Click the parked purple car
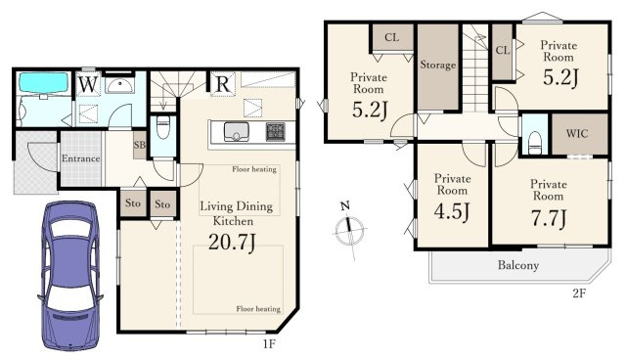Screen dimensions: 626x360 (70, 276)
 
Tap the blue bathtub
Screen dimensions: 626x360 (43, 83)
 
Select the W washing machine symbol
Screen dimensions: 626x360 (88, 84)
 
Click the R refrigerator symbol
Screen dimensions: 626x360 (223, 84)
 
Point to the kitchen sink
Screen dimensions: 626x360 (237, 132)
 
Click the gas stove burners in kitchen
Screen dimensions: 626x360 (276, 132)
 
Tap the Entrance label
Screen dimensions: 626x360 (80, 158)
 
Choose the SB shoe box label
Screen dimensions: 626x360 (139, 145)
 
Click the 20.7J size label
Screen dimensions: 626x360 (232, 242)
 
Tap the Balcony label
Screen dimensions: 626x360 (518, 265)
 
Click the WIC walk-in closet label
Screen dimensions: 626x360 (577, 133)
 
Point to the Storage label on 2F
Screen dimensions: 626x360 (438, 65)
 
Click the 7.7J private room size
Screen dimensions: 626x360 (549, 218)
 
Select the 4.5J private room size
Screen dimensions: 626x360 (452, 211)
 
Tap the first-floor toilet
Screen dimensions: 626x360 (163, 127)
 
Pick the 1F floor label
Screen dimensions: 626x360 (269, 343)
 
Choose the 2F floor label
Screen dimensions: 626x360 (579, 293)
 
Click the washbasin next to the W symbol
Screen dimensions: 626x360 (119, 86)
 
